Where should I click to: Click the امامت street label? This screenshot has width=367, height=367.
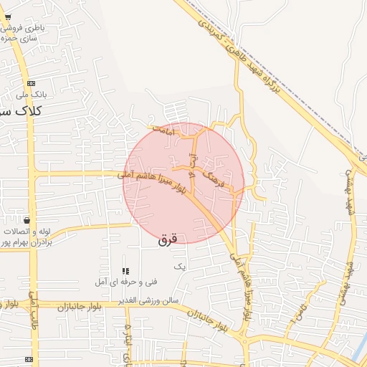[164, 132]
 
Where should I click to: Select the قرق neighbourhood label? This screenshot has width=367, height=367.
[167, 241]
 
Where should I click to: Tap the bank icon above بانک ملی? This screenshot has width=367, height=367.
[31, 83]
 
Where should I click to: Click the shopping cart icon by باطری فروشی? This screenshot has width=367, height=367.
[8, 16]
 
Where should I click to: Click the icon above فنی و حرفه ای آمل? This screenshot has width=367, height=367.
[125, 271]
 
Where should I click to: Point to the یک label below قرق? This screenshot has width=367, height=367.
[180, 266]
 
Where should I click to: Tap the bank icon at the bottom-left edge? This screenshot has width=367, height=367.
[29, 359]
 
